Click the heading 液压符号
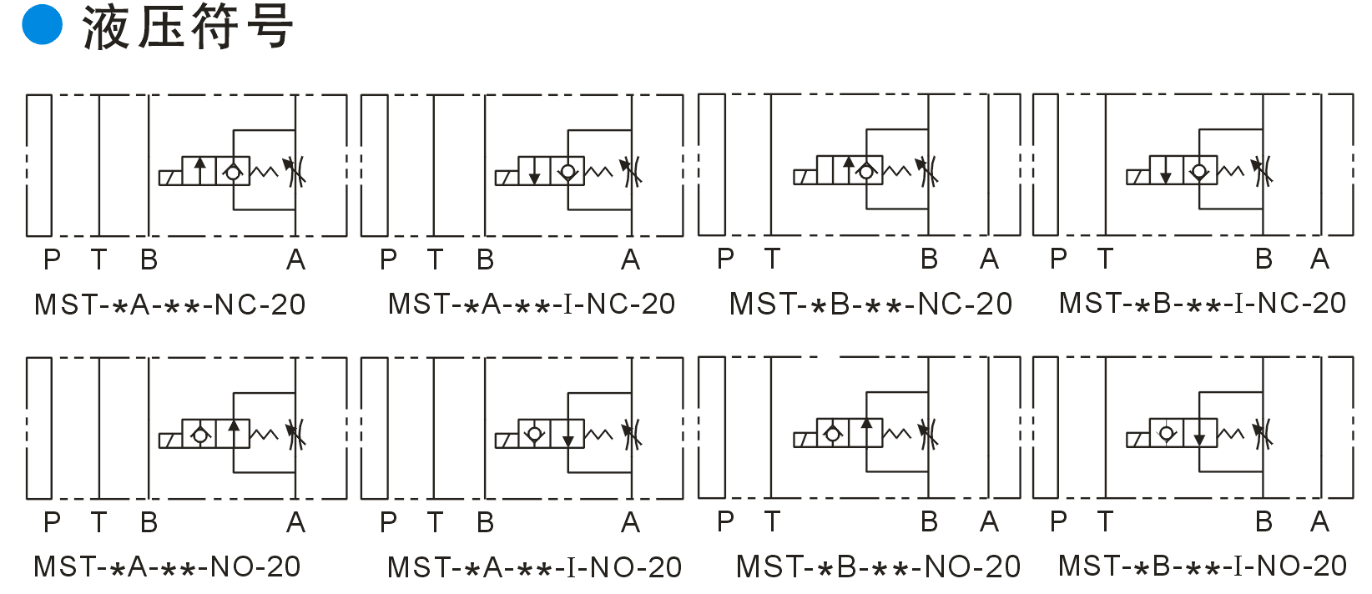(188, 28)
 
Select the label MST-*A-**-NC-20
(169, 305)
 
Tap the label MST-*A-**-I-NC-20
(532, 304)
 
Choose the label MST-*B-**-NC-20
(870, 304)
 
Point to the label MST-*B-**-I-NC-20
(1203, 303)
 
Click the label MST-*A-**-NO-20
(167, 566)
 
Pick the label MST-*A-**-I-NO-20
(534, 567)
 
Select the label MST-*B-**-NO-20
(878, 566)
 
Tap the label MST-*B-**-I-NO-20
(1203, 566)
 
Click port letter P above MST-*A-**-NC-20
(52, 259)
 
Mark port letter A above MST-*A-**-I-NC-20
(630, 259)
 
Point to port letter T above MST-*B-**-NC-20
(772, 259)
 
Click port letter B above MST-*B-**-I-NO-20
(1264, 521)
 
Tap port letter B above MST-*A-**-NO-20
(149, 522)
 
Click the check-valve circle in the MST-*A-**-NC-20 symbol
(233, 173)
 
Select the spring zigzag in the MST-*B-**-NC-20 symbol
(897, 171)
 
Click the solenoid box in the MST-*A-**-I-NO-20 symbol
(506, 440)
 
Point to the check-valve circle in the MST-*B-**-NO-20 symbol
(832, 434)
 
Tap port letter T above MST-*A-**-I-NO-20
(435, 522)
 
